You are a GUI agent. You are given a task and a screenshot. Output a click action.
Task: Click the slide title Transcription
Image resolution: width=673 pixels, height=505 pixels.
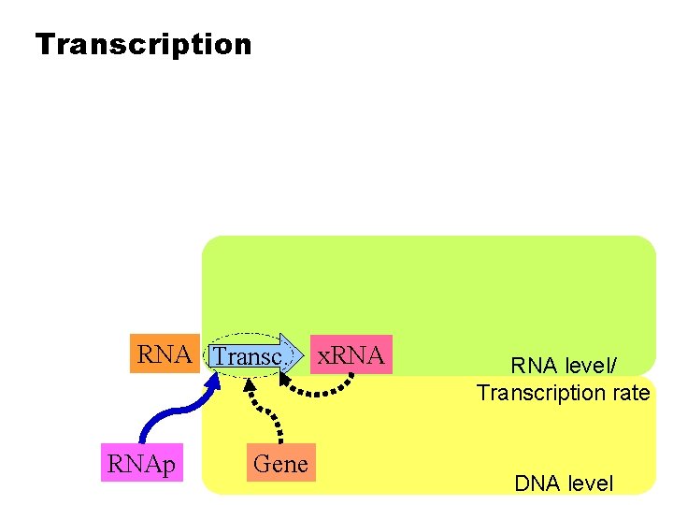(143, 44)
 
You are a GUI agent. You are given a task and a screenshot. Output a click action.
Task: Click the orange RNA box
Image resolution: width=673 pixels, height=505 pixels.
(165, 355)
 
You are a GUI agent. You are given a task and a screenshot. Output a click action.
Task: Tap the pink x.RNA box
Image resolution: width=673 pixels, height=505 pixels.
(351, 355)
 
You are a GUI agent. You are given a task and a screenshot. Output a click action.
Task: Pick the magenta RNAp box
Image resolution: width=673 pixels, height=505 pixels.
(142, 464)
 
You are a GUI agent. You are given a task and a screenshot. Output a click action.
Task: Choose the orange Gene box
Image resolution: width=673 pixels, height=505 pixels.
(280, 464)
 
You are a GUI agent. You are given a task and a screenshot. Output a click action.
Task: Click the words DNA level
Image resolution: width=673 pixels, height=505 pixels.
(564, 483)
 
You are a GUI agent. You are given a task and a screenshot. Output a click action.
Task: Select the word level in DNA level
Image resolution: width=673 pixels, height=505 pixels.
(591, 483)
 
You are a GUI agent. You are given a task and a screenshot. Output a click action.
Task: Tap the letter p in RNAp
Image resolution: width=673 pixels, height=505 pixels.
(169, 467)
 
